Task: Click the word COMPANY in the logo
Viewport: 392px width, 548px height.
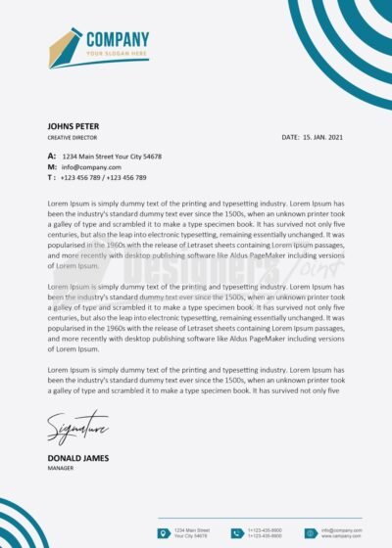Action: [x=118, y=39]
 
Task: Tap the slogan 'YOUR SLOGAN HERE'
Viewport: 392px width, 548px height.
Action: [x=117, y=53]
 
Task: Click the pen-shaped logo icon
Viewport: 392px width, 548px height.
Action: [x=65, y=47]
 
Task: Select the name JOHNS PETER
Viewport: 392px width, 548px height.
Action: [x=73, y=126]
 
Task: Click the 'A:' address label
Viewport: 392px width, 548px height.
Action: [x=51, y=157]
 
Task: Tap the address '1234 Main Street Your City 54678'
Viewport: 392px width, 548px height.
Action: [x=112, y=157]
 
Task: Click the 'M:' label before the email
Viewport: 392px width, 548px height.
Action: [x=51, y=167]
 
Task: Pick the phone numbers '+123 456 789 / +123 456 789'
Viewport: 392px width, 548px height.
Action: [x=103, y=178]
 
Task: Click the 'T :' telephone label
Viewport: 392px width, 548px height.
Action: [x=51, y=178]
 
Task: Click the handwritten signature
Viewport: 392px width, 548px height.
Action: [x=76, y=430]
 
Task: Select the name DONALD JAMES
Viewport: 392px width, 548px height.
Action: [x=77, y=458]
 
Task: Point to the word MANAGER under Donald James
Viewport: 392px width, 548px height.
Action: [x=61, y=469]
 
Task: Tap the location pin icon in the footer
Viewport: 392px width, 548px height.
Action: [x=164, y=532]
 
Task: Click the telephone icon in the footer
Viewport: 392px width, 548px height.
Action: [x=236, y=532]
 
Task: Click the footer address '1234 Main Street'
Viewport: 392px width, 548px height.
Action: [x=192, y=529]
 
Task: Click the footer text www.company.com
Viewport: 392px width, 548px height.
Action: [x=341, y=536]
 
